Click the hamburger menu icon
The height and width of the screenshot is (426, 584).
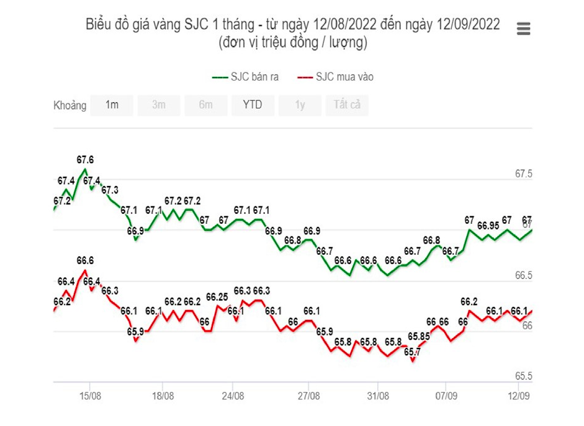point(523,29)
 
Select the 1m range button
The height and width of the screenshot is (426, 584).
point(112,105)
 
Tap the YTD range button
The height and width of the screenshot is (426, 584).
point(253,105)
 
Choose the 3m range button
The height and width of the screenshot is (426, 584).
point(159,105)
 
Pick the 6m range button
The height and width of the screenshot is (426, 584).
point(206,105)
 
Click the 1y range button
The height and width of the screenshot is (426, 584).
point(300,105)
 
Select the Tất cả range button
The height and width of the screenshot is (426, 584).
point(347,105)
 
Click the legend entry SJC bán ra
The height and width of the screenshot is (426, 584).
point(246,77)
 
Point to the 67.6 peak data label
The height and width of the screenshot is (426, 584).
point(85,159)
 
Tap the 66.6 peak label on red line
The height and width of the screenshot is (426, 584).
point(85,260)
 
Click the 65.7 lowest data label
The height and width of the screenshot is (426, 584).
point(412,352)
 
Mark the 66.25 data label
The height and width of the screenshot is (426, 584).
point(217,296)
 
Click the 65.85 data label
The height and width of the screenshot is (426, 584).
point(420,336)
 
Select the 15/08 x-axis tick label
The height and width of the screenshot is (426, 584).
point(90,395)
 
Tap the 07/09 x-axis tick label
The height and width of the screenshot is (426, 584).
point(447,395)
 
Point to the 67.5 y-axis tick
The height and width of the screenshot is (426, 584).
point(524,174)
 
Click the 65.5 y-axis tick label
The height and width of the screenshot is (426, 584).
point(524,376)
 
